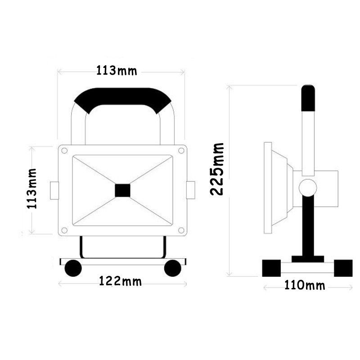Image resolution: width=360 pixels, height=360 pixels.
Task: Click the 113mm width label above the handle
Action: pyautogui.click(x=117, y=71)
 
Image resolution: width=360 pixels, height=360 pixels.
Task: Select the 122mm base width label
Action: pyautogui.click(x=120, y=282)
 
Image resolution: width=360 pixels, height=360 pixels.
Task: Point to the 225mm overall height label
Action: pyautogui.click(x=217, y=168)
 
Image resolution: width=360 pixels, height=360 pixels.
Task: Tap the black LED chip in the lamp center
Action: pyautogui.click(x=122, y=190)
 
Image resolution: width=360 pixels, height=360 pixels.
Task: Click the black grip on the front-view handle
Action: pyautogui.click(x=122, y=98)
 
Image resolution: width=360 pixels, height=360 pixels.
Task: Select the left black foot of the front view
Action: pyautogui.click(x=73, y=268)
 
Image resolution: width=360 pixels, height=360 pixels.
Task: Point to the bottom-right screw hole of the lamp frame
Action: pyautogui.click(x=181, y=230)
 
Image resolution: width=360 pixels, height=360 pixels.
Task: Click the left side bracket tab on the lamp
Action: pyautogui.click(x=54, y=190)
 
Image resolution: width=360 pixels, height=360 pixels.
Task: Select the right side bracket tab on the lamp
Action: pyautogui.click(x=190, y=190)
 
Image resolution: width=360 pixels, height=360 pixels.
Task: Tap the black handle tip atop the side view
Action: pyautogui.click(x=308, y=98)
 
